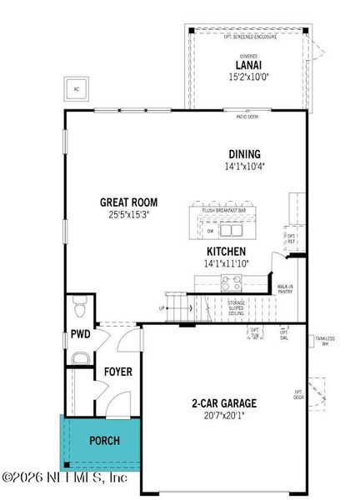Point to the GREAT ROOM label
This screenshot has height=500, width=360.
pos(128,202)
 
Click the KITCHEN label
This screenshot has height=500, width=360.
pos(226,251)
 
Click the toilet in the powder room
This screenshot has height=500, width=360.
pos(80,311)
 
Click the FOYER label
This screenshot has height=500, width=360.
pos(117,372)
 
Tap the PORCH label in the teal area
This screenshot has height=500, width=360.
pos(104,440)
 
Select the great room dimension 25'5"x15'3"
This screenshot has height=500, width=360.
pos(128,214)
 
